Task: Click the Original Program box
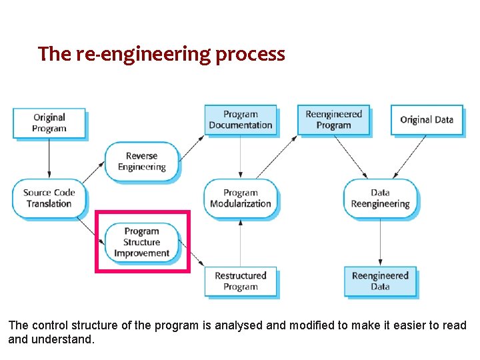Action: (49, 123)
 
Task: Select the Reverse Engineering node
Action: (141, 161)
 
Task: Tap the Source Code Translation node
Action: (49, 199)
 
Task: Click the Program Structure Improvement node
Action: (141, 242)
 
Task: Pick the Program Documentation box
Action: (241, 120)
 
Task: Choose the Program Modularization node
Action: (241, 199)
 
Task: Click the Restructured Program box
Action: (241, 281)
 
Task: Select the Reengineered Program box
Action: (333, 120)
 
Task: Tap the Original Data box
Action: (427, 120)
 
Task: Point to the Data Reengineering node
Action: (380, 199)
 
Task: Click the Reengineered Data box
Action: (380, 281)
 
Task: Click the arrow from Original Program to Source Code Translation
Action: (49, 159)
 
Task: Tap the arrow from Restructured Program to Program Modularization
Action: (241, 243)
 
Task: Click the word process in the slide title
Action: (250, 54)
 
